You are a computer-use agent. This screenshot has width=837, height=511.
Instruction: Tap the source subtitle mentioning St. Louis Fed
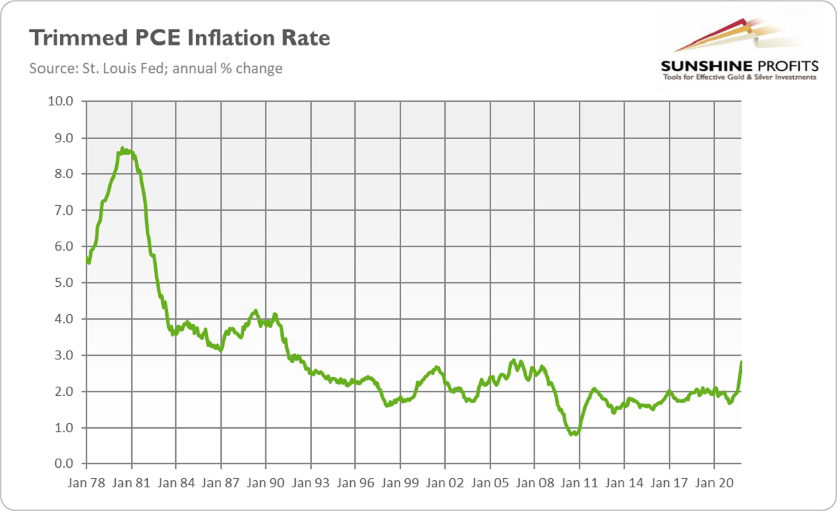(x=156, y=68)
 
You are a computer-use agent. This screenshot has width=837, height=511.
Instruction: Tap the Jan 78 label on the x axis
(x=86, y=482)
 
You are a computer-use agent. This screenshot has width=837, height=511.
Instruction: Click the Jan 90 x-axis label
(x=266, y=482)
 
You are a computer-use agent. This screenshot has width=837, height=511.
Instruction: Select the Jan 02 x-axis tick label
(x=445, y=482)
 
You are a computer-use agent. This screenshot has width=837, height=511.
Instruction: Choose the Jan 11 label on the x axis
(x=580, y=482)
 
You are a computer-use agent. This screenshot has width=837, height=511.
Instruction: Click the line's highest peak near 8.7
(x=122, y=149)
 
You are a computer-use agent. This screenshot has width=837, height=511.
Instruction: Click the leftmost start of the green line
(x=86, y=258)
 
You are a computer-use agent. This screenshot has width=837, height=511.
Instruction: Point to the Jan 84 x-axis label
(x=176, y=482)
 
